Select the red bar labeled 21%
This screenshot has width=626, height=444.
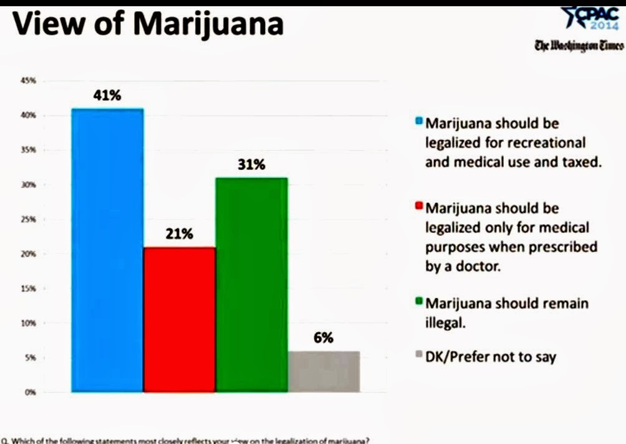pyautogui.click(x=180, y=319)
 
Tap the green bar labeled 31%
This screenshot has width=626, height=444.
pyautogui.click(x=251, y=285)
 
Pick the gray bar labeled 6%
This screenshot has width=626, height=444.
pyautogui.click(x=324, y=372)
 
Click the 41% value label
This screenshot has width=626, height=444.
pyautogui.click(x=108, y=96)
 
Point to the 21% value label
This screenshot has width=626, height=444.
pyautogui.click(x=180, y=235)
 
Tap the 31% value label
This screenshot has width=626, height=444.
pyautogui.click(x=251, y=166)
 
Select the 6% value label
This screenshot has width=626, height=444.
pyautogui.click(x=324, y=338)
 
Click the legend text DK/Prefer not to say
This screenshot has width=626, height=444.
pyautogui.click(x=491, y=357)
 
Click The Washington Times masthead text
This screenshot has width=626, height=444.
pyautogui.click(x=579, y=45)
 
